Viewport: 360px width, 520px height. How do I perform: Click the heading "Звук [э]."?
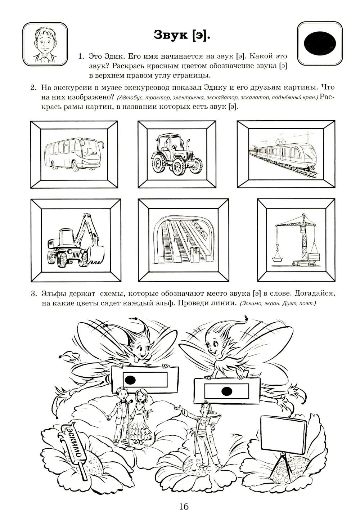coord(182,35)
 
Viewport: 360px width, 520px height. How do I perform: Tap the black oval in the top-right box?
coord(320,42)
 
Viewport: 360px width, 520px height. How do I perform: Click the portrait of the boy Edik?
coord(45,45)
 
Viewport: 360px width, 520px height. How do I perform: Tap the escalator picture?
coord(184,239)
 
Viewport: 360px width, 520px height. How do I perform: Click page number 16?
coord(183,506)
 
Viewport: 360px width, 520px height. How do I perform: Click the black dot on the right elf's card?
coord(226,390)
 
